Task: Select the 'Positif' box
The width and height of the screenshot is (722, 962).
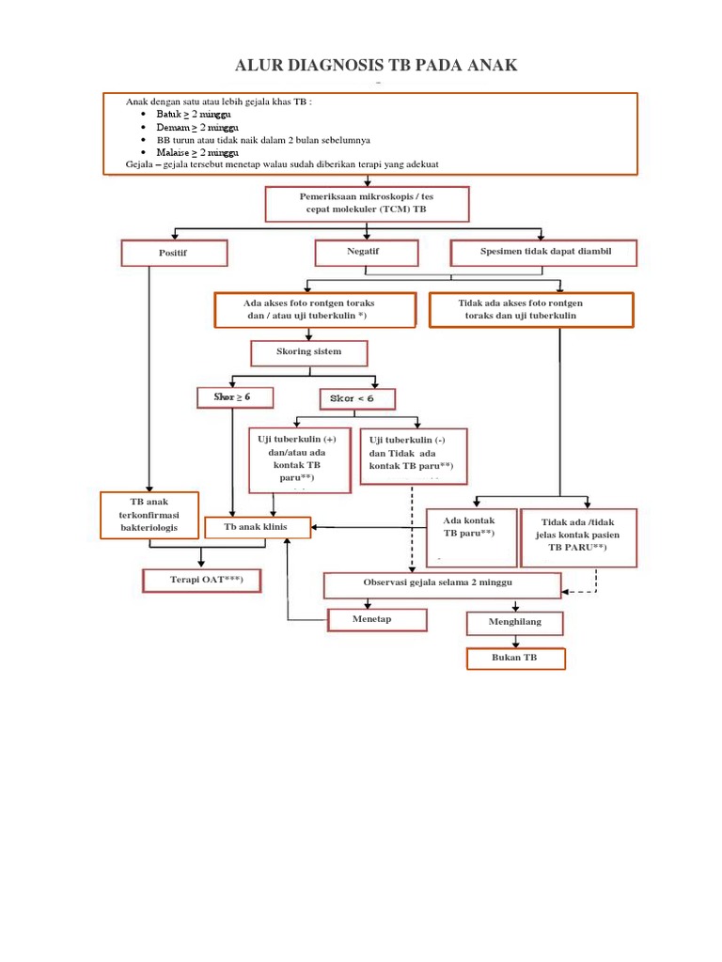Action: pos(174,254)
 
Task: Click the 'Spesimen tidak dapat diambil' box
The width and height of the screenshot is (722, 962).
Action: pos(544,253)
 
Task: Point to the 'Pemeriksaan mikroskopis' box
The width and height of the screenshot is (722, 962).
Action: pos(367,204)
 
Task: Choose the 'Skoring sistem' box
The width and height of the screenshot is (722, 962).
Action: pos(308,353)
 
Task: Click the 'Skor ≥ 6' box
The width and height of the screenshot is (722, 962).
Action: pos(235,397)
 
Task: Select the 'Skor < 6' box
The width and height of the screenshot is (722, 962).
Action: pos(357,399)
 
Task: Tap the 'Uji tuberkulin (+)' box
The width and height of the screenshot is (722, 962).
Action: pos(300,460)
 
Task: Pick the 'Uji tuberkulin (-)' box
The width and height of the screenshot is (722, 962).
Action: pos(414,456)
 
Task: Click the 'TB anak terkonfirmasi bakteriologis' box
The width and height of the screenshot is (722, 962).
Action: pos(150,516)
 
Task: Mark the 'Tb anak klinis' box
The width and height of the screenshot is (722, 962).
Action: pos(258,528)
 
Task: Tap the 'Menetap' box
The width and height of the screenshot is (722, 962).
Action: pos(376,620)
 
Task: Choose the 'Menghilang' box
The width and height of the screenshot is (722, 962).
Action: pos(515,623)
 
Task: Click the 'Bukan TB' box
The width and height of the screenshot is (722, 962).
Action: pos(515,659)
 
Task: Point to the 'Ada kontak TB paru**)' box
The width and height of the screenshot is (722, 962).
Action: pos(469,535)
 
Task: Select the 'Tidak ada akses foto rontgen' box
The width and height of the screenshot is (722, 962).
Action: pos(531,309)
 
